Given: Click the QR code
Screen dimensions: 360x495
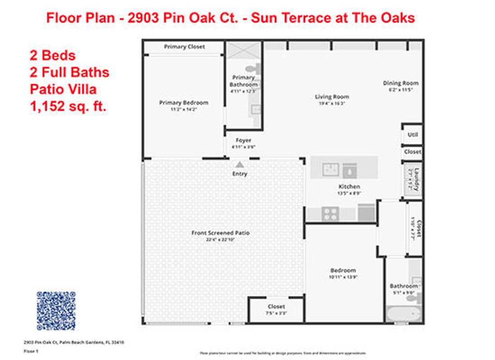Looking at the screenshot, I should pyautogui.click(x=56, y=311).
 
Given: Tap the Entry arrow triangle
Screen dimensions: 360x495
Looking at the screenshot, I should pyautogui.click(x=240, y=165).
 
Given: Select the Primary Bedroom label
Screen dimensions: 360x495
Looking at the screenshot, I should pyautogui.click(x=184, y=102).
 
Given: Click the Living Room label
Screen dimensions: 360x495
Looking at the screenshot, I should pyautogui.click(x=332, y=97).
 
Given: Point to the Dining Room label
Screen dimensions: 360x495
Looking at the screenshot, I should pyautogui.click(x=401, y=83).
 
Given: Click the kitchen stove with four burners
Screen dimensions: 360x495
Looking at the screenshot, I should pyautogui.click(x=330, y=213).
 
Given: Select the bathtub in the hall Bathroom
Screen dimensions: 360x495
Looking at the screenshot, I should pyautogui.click(x=404, y=314).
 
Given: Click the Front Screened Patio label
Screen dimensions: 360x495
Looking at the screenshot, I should pyautogui.click(x=220, y=233).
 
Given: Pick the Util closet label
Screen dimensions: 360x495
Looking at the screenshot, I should pyautogui.click(x=412, y=135).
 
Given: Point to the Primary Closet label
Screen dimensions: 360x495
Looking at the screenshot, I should pyautogui.click(x=184, y=47).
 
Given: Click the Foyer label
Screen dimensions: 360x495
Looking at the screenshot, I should pyautogui.click(x=243, y=140).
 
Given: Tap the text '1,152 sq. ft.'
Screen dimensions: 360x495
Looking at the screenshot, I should pyautogui.click(x=68, y=106).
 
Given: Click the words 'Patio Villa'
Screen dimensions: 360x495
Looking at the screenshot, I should pyautogui.click(x=63, y=89).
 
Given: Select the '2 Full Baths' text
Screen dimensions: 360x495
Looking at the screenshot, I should pyautogui.click(x=69, y=72).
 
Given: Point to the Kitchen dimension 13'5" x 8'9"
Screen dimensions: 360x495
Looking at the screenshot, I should pyautogui.click(x=349, y=193).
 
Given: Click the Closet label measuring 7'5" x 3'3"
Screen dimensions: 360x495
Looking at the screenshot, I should pyautogui.click(x=276, y=306).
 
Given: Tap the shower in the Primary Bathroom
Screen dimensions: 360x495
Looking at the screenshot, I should pyautogui.click(x=244, y=50).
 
